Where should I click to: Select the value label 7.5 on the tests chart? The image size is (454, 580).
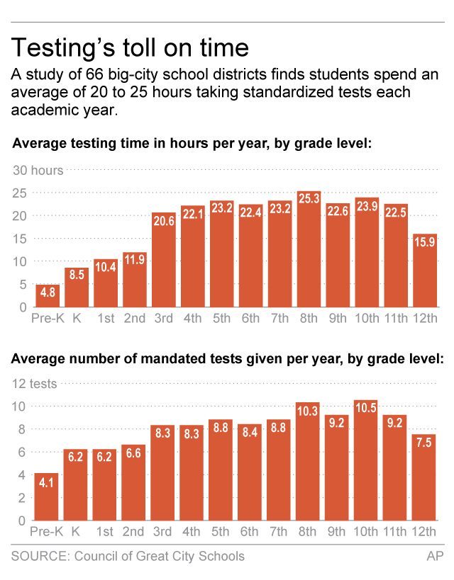[x=424, y=442]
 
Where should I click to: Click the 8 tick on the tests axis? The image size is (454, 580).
[x=23, y=429]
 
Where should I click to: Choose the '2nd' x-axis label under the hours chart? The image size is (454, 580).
[x=134, y=319]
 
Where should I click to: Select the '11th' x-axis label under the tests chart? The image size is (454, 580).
[x=395, y=532]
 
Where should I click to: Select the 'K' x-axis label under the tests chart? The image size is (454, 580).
[x=76, y=532]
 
